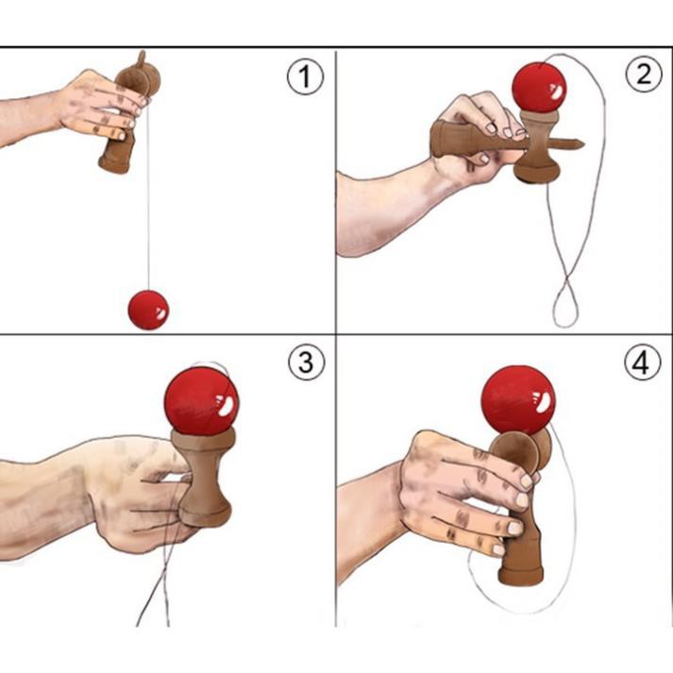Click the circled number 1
(305, 76)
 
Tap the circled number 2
(644, 74)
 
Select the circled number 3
(306, 362)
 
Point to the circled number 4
(642, 362)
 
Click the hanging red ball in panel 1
(148, 310)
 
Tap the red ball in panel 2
(539, 88)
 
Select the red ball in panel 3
(201, 401)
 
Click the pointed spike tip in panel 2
(583, 142)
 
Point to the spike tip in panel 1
(143, 53)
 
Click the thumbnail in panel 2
(491, 128)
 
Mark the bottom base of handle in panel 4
(521, 576)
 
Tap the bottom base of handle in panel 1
(114, 165)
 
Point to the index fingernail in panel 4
(527, 480)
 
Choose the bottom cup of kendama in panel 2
(537, 172)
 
